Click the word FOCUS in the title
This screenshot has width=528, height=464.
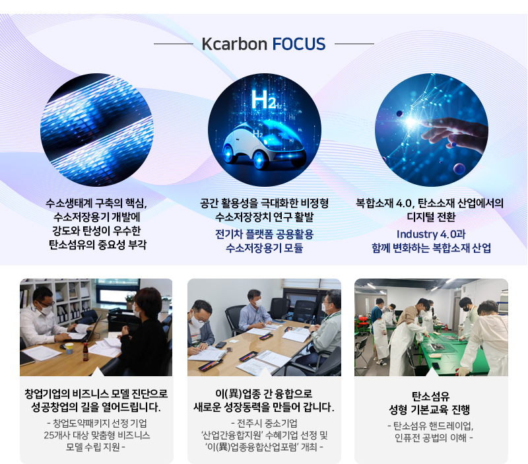(299, 44)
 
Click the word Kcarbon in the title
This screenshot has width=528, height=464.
(234, 44)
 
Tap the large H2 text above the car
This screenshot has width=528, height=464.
(263, 100)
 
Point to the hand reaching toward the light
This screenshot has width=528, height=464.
(455, 132)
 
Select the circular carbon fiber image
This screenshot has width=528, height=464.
(96, 129)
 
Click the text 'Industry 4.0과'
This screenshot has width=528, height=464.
(431, 234)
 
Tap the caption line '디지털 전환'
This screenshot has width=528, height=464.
(431, 217)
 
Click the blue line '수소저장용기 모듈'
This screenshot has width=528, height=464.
(265, 248)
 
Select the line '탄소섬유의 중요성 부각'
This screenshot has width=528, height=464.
(98, 245)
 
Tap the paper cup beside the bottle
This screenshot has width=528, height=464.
(69, 348)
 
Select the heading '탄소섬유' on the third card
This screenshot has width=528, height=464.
(431, 396)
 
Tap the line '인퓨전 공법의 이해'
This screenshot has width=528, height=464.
(431, 438)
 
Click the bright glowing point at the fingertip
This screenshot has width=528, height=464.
(411, 121)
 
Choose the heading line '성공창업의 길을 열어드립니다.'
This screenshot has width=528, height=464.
(96, 407)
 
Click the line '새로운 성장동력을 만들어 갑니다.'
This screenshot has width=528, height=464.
(264, 407)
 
